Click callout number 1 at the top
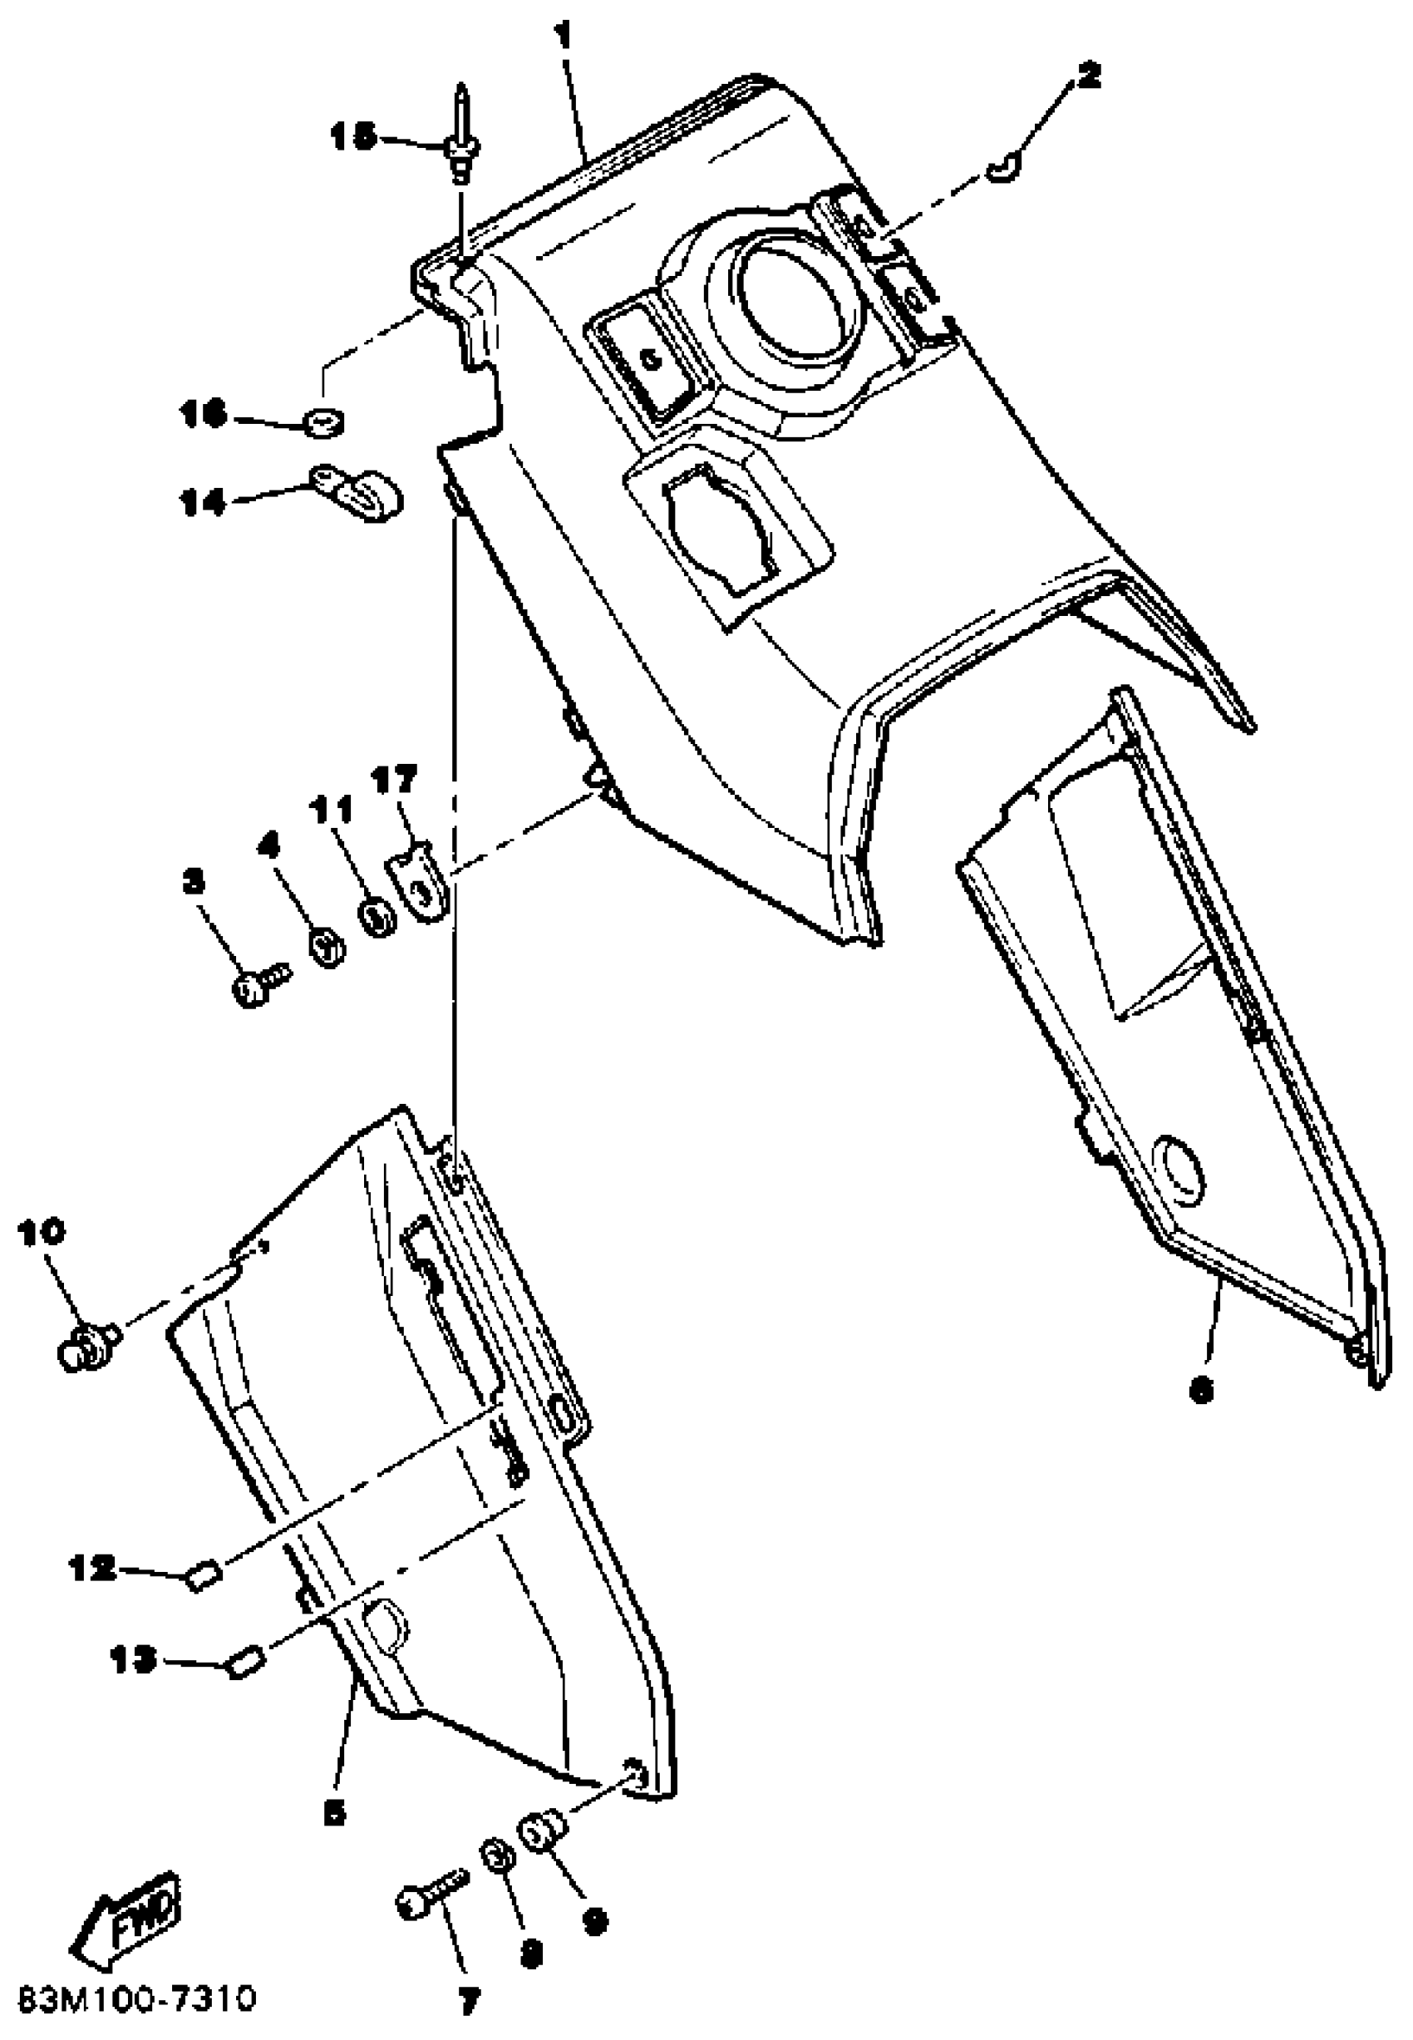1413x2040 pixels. click(563, 37)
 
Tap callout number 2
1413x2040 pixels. click(1087, 76)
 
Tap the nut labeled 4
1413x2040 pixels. click(328, 949)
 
